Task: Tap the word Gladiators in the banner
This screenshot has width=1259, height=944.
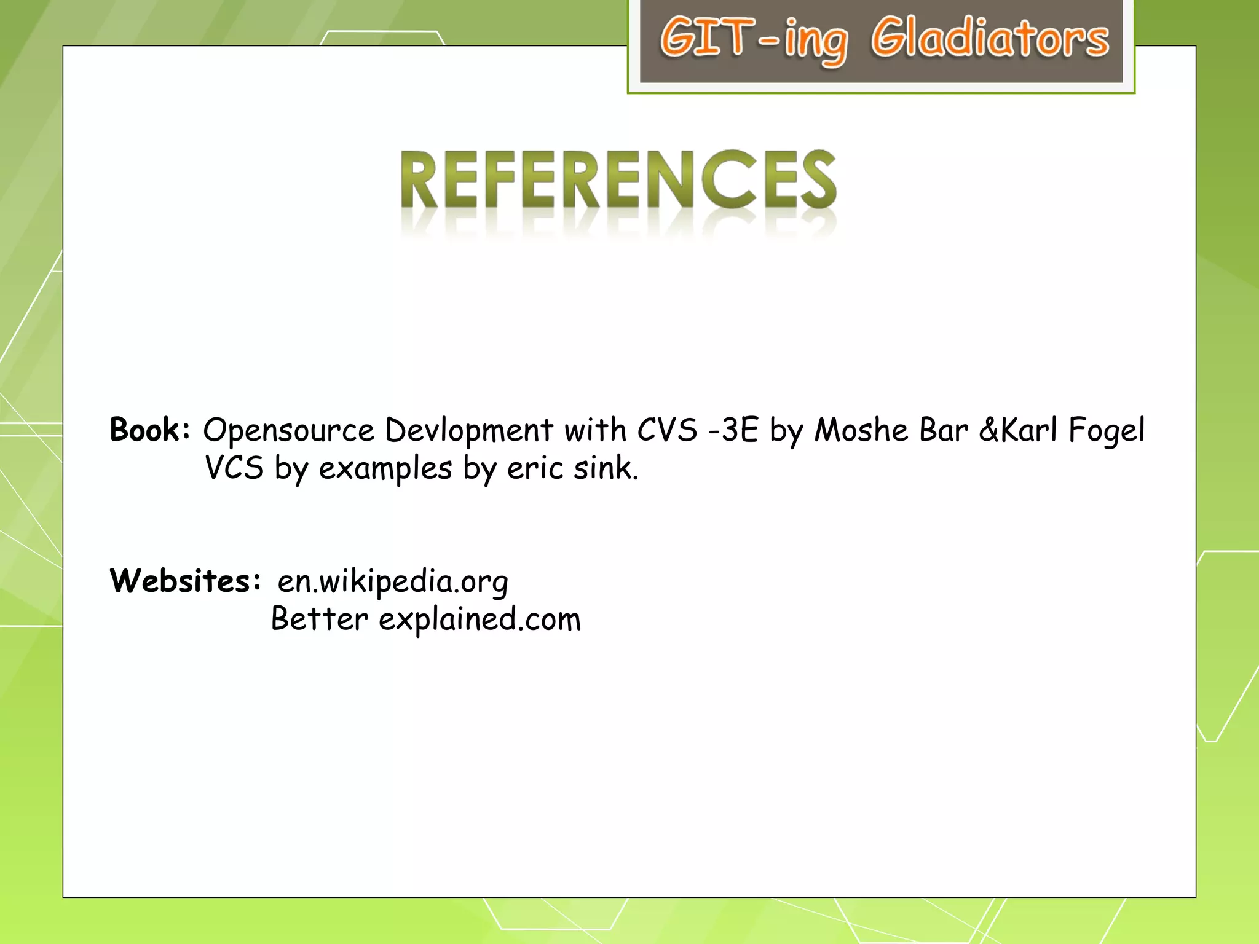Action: click(990, 39)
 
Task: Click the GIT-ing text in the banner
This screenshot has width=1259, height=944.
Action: click(754, 39)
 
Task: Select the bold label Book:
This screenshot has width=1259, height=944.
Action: click(150, 430)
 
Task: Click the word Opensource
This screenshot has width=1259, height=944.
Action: click(288, 431)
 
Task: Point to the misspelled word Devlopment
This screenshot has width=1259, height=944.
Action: click(469, 431)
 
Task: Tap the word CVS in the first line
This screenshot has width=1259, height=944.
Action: click(667, 430)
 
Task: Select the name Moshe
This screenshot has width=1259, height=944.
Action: click(861, 430)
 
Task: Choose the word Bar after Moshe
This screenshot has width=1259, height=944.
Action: click(943, 430)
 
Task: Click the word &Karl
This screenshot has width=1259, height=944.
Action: click(1017, 430)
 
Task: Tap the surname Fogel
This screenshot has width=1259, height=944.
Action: click(1107, 431)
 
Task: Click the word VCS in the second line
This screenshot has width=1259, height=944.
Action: click(234, 468)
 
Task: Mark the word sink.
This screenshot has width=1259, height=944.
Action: click(606, 468)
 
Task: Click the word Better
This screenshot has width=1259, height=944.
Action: click(319, 619)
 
